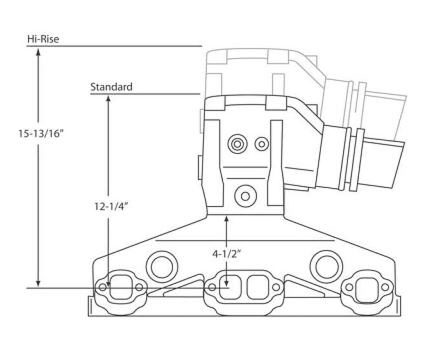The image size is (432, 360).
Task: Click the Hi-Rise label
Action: tap(43, 39)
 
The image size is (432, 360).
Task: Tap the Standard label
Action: tap(111, 87)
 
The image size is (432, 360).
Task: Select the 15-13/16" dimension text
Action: tap(41, 134)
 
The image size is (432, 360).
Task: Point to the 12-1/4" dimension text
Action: tap(111, 207)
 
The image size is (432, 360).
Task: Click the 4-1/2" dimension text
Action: tap(227, 254)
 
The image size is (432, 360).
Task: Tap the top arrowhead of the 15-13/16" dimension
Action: tap(38, 51)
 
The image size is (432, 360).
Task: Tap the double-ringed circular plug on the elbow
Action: tap(237, 144)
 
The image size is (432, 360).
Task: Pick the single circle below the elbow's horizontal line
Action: tap(245, 196)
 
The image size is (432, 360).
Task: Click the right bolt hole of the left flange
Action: tap(139, 287)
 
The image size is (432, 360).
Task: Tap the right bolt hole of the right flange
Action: tap(385, 287)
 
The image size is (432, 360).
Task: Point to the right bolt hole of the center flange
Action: tap(276, 287)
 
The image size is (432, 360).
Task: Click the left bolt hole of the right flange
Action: tap(349, 287)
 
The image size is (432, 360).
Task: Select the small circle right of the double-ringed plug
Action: tap(262, 144)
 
